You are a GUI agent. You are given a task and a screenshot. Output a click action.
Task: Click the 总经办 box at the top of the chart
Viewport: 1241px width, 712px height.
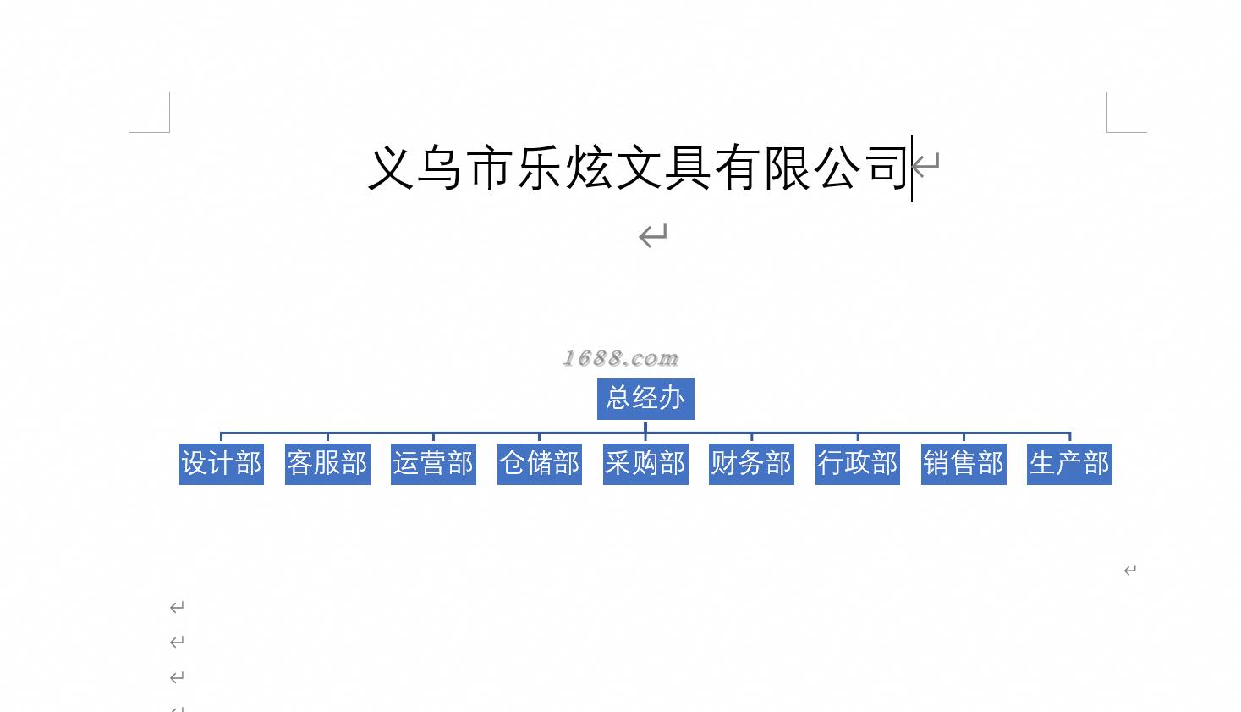pyautogui.click(x=645, y=399)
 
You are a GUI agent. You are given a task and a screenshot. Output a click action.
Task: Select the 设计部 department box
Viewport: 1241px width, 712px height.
pyautogui.click(x=222, y=464)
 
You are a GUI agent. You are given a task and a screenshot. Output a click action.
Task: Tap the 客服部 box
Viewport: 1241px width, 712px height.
pyautogui.click(x=327, y=464)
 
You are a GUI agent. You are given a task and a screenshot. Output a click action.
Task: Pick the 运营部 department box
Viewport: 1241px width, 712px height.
pyautogui.click(x=433, y=464)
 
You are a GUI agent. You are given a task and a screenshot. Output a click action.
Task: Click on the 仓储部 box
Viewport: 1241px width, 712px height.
pyautogui.click(x=540, y=464)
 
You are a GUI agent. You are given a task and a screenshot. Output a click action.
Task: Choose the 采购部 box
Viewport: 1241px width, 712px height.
pyautogui.click(x=645, y=464)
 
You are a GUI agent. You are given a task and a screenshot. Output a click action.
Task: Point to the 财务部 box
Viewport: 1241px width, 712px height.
pyautogui.click(x=751, y=464)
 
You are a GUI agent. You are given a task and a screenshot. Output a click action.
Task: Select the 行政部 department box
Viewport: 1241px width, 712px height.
pyautogui.click(x=858, y=464)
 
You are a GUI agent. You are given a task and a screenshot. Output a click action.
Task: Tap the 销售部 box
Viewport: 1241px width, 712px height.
pyautogui.click(x=964, y=464)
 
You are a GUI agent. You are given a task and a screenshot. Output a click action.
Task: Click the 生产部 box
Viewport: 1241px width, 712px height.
pyautogui.click(x=1069, y=464)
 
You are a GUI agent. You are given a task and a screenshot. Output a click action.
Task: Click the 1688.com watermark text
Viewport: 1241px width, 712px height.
pyautogui.click(x=621, y=358)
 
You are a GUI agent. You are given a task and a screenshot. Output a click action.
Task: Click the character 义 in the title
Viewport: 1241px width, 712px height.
pyautogui.click(x=392, y=168)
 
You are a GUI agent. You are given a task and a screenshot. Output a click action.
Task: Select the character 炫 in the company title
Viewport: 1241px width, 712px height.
pyautogui.click(x=589, y=168)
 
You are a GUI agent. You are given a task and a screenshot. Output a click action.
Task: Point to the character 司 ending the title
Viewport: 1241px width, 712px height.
pyautogui.click(x=885, y=168)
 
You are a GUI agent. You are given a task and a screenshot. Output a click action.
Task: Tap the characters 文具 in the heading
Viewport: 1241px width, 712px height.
pyautogui.click(x=662, y=168)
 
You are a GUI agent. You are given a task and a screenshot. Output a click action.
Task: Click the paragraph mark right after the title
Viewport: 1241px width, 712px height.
pyautogui.click(x=926, y=163)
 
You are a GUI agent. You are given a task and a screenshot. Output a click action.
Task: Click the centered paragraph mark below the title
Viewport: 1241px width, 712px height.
pyautogui.click(x=653, y=235)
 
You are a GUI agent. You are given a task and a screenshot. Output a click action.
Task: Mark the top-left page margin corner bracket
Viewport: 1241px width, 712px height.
pyautogui.click(x=161, y=123)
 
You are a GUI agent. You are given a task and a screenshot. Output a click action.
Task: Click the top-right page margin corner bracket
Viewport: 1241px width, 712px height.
pyautogui.click(x=1116, y=123)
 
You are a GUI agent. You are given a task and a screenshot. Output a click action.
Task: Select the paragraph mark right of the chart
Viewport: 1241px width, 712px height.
pyautogui.click(x=1129, y=571)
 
